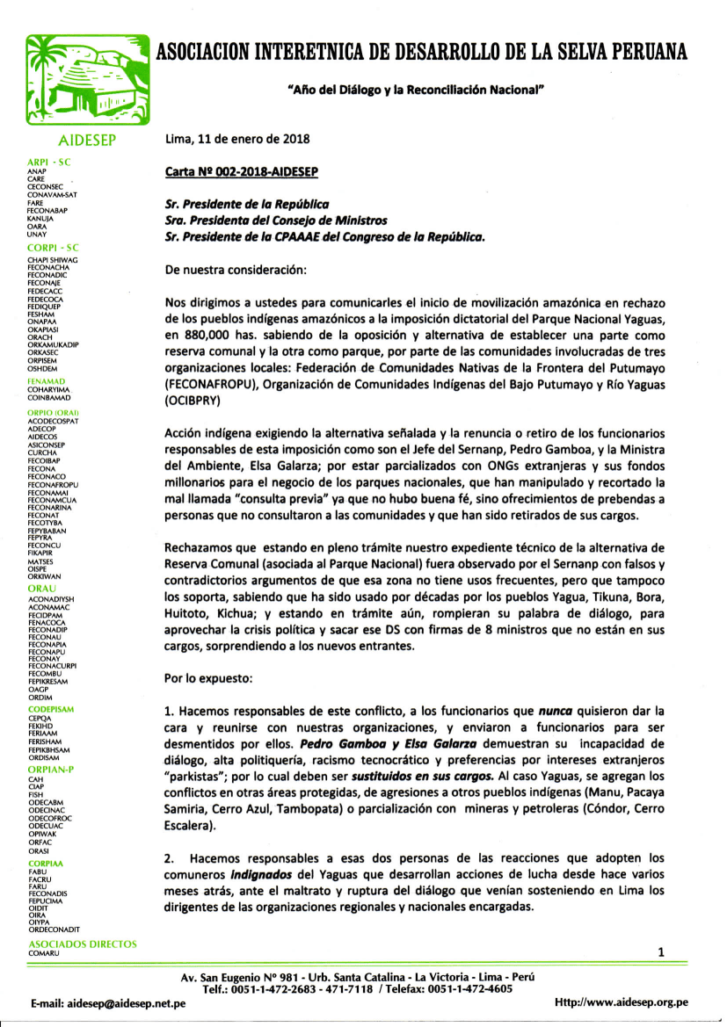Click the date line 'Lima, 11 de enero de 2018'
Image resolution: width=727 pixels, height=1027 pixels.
[x=237, y=139]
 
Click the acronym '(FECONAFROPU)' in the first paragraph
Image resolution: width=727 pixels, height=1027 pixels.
[x=216, y=384]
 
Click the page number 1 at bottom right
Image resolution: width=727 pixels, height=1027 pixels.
[x=660, y=952]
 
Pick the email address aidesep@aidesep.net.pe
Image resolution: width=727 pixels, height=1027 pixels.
[x=108, y=1003]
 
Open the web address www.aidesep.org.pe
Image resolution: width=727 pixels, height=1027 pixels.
[x=622, y=1002]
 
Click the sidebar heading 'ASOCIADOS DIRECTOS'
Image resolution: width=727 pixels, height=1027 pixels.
[x=83, y=944]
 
